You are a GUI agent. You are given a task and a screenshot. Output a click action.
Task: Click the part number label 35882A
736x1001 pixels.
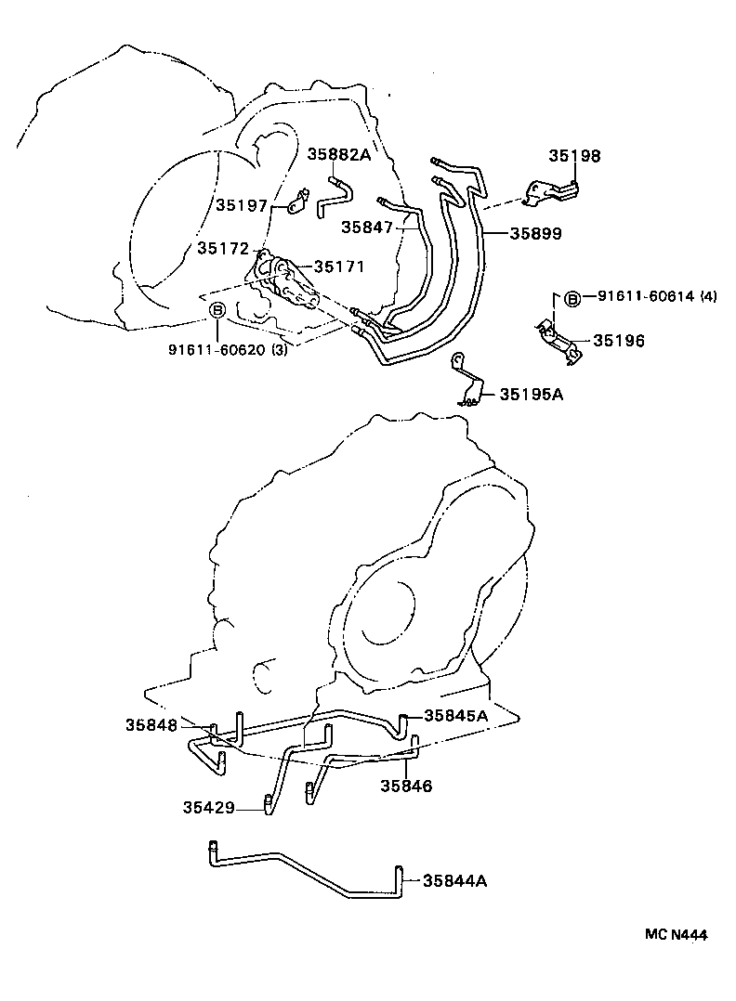pos(339,155)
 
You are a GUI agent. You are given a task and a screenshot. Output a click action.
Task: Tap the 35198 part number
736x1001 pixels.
pos(572,156)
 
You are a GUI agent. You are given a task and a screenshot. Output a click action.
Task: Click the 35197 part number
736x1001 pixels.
pos(242,205)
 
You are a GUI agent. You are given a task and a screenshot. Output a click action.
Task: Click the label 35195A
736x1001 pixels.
pos(532,394)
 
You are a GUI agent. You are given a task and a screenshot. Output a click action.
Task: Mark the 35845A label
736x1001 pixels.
pos(455,715)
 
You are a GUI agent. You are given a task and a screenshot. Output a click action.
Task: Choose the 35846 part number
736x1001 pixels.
pos(406,786)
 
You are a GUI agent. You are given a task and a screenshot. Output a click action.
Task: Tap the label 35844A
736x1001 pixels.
pos(454,879)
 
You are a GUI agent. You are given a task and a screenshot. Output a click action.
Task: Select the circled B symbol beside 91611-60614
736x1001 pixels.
pos(572,297)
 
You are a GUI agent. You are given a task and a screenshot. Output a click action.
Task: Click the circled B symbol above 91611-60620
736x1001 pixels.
pos(217,311)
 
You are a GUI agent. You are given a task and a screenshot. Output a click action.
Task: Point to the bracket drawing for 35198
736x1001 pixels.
pos(552,191)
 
